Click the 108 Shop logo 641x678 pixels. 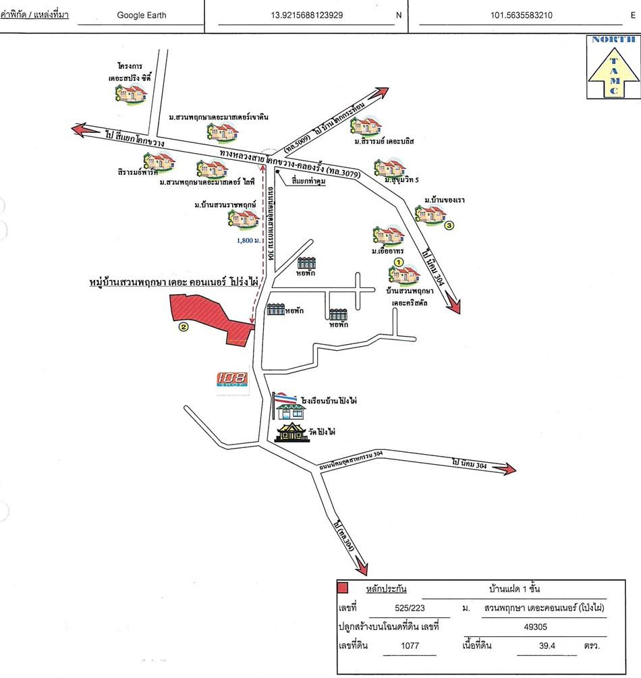point(231,382)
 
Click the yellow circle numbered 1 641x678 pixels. point(398,261)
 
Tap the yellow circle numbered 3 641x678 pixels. point(449,226)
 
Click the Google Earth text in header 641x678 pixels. point(141,14)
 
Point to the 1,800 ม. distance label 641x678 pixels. point(248,239)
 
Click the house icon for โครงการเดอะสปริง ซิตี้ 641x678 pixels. point(131,94)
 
